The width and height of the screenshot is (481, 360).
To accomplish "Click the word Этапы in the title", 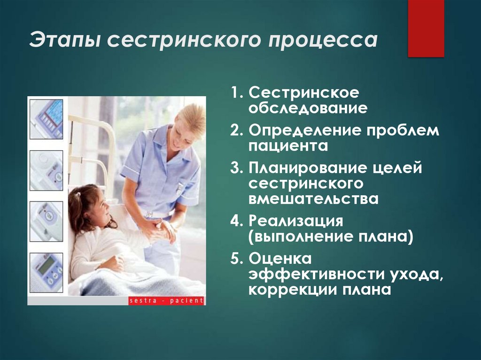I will pos(63,41).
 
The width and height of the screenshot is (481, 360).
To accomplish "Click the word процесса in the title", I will pos(323,41).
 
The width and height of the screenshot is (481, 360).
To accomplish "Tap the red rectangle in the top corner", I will pos(426,29).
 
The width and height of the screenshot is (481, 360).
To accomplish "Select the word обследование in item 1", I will pos(308,109).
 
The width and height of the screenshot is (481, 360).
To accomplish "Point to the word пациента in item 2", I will pos(288,146).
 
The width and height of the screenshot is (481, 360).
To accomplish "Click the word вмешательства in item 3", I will pos(313,199).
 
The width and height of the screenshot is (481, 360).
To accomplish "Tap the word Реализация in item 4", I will pos(296,221).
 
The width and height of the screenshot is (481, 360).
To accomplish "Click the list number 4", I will pos(235,221).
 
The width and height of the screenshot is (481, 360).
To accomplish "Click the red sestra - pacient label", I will pos(166,300).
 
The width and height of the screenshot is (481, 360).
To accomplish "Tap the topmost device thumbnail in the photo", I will pos(47,119).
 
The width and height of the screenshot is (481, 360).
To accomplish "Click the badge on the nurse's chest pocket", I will pos(179,188).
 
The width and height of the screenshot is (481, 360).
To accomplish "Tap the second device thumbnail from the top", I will pos(47,170).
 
